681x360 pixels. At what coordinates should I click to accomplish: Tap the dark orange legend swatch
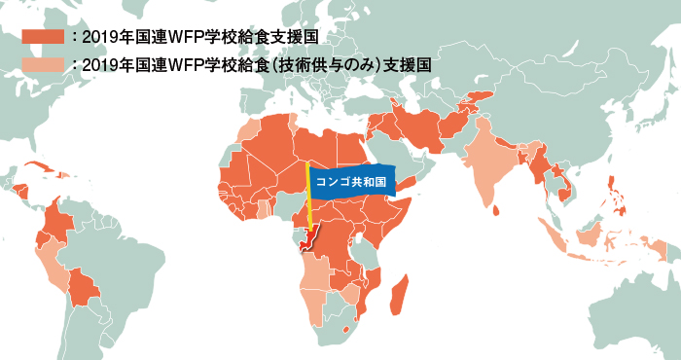click(43, 36)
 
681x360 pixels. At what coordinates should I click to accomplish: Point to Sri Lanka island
click(497, 208)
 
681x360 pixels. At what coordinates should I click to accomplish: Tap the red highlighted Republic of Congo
click(312, 238)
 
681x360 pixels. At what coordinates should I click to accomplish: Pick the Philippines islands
click(615, 193)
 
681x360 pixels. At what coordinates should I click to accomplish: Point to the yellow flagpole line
click(308, 199)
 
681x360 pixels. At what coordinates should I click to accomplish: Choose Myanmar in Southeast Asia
click(538, 165)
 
